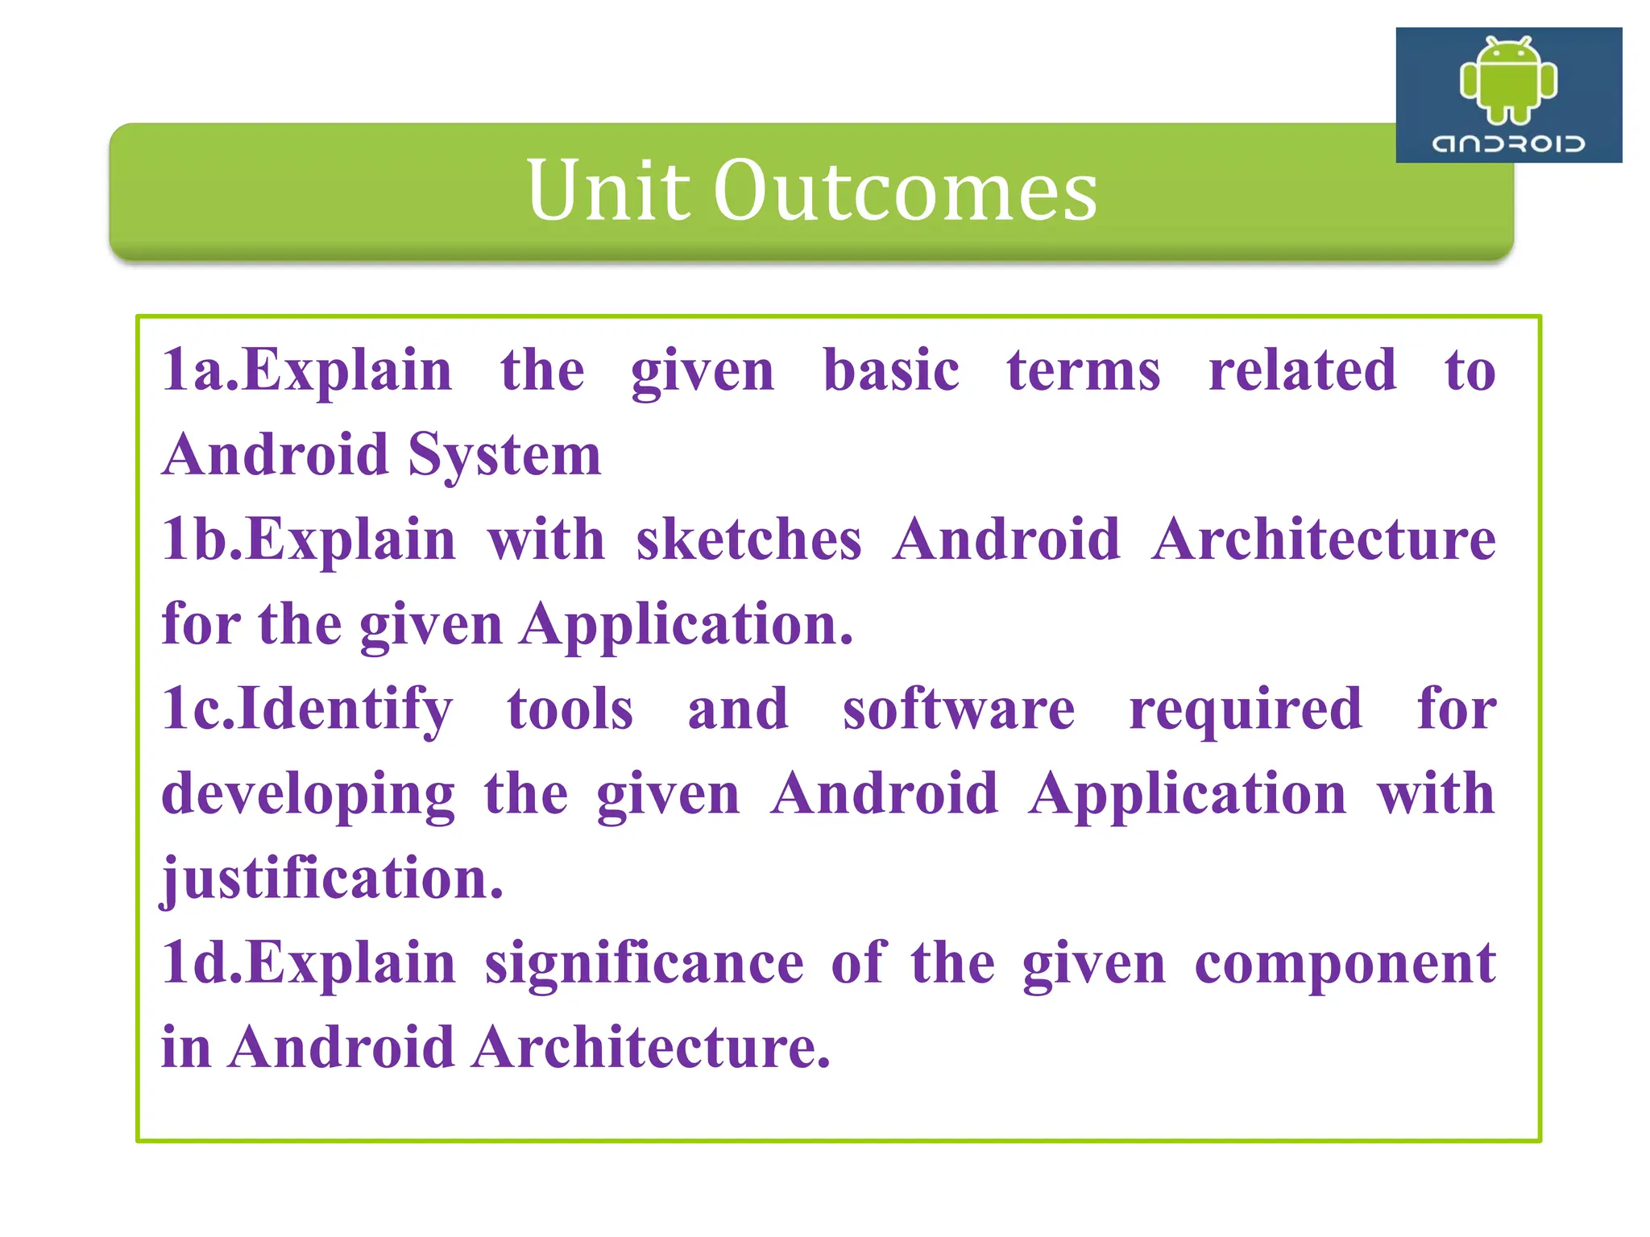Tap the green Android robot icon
(x=1508, y=81)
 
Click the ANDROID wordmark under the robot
(x=1508, y=144)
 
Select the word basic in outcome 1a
(x=891, y=370)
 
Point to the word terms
(x=1084, y=370)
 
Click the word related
(x=1302, y=370)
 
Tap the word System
(x=504, y=456)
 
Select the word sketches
(x=748, y=540)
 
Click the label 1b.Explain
(x=309, y=540)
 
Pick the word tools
(x=570, y=710)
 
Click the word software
(x=959, y=710)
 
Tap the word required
(x=1246, y=710)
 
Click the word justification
(x=332, y=879)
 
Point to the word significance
(x=644, y=963)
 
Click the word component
(x=1345, y=963)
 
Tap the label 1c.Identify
(x=307, y=710)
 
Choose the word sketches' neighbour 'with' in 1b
(x=545, y=540)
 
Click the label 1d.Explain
(x=309, y=963)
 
